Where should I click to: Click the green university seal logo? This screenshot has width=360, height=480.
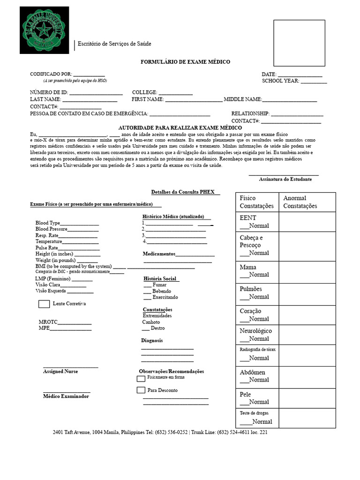44,30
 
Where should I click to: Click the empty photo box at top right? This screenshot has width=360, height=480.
299,43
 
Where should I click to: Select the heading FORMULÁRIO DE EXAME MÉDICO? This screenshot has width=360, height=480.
186,62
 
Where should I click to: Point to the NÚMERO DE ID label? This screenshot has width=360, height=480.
49,92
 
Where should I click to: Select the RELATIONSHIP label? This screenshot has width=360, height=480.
250,113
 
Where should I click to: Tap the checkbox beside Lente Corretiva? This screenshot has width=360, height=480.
44,304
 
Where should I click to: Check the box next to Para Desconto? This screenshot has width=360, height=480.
141,390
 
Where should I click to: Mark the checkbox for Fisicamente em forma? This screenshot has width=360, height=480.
141,378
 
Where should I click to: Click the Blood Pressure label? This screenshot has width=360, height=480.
52,229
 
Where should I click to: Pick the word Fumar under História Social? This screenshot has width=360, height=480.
159,285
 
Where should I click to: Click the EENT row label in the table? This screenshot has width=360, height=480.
248,218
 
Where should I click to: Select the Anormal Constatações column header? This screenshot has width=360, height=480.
300,202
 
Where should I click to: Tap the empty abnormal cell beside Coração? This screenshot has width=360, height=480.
307,315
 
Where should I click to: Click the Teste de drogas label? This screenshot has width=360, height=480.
254,413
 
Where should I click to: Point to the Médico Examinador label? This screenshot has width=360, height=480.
66,396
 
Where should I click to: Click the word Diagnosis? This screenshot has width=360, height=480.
152,340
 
